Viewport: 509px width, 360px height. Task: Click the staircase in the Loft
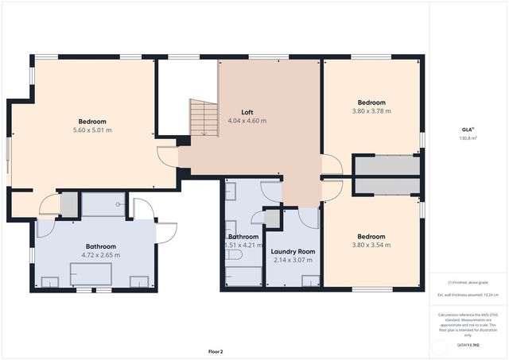(x=204, y=117)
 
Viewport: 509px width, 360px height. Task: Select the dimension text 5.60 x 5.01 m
(x=92, y=130)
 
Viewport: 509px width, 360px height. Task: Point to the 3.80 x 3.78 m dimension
(x=371, y=111)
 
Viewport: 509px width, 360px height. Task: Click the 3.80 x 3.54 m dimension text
(x=371, y=245)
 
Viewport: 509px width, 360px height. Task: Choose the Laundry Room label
(x=293, y=251)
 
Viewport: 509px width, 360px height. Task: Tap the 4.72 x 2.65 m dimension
(x=100, y=255)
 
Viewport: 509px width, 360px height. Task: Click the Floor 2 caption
(x=216, y=350)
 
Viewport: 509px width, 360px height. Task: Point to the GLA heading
(x=468, y=129)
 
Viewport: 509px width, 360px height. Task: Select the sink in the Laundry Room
(x=310, y=280)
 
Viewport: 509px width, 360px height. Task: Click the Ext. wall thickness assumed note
(x=468, y=294)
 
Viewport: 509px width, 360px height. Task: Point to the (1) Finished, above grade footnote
(x=468, y=282)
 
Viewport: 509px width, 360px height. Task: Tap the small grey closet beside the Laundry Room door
(x=272, y=219)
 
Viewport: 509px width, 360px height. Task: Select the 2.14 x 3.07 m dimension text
(x=293, y=260)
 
